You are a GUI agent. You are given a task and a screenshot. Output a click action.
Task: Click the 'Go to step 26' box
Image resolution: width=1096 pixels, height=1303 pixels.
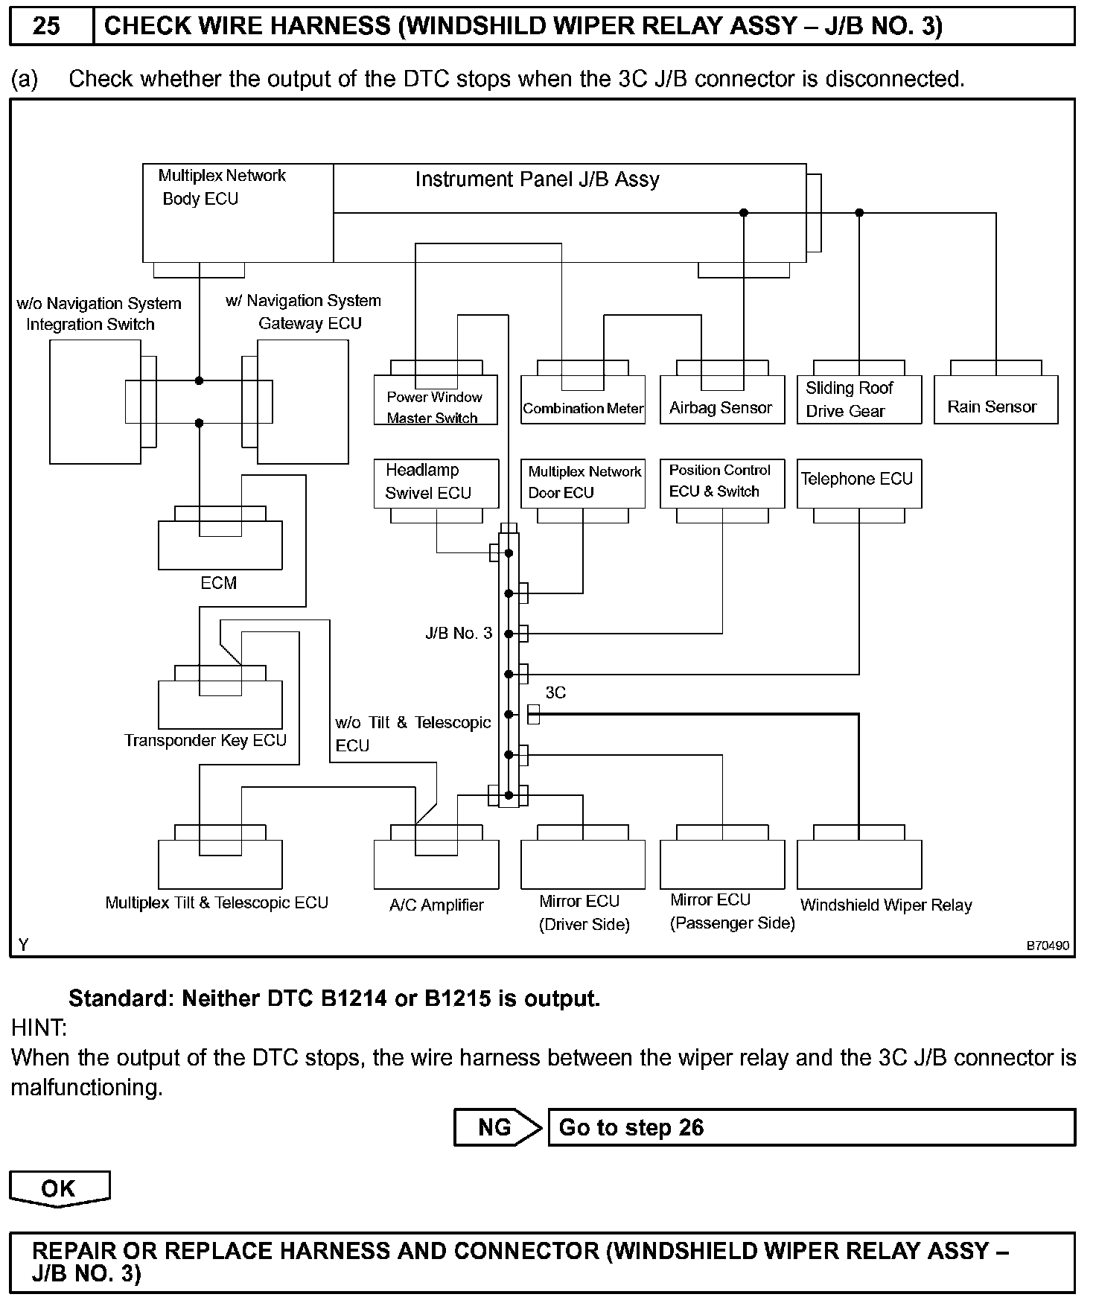pyautogui.click(x=811, y=1127)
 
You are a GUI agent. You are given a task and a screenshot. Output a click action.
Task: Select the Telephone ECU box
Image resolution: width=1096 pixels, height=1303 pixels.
pyautogui.click(x=858, y=482)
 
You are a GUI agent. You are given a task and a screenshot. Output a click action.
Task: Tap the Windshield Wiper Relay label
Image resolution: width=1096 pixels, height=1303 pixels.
pyautogui.click(x=886, y=905)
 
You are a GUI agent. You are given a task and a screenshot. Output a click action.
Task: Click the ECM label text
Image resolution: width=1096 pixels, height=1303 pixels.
pyautogui.click(x=219, y=583)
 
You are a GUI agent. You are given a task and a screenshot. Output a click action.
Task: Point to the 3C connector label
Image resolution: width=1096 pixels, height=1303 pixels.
pyautogui.click(x=555, y=692)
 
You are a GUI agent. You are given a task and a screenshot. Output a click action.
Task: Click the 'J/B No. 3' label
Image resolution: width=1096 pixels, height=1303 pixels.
pyautogui.click(x=459, y=634)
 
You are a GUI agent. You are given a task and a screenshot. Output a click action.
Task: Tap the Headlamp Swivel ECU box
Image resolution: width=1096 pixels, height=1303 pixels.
pyautogui.click(x=436, y=482)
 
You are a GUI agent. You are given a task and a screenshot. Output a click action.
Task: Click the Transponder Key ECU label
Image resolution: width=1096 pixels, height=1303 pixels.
pyautogui.click(x=205, y=741)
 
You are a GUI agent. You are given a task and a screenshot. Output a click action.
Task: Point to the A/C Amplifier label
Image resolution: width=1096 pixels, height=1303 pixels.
pyautogui.click(x=436, y=905)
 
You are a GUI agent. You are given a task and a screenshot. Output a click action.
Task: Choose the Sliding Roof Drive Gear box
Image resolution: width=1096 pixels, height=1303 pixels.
pyautogui.click(x=858, y=400)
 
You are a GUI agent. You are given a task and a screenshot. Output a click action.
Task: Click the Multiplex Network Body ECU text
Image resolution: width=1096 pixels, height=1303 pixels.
pyautogui.click(x=222, y=187)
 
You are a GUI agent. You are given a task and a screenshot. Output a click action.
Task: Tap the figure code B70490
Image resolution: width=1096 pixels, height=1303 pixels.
pyautogui.click(x=1048, y=946)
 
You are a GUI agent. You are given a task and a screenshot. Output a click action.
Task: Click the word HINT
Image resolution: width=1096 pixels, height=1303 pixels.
pyautogui.click(x=39, y=1028)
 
